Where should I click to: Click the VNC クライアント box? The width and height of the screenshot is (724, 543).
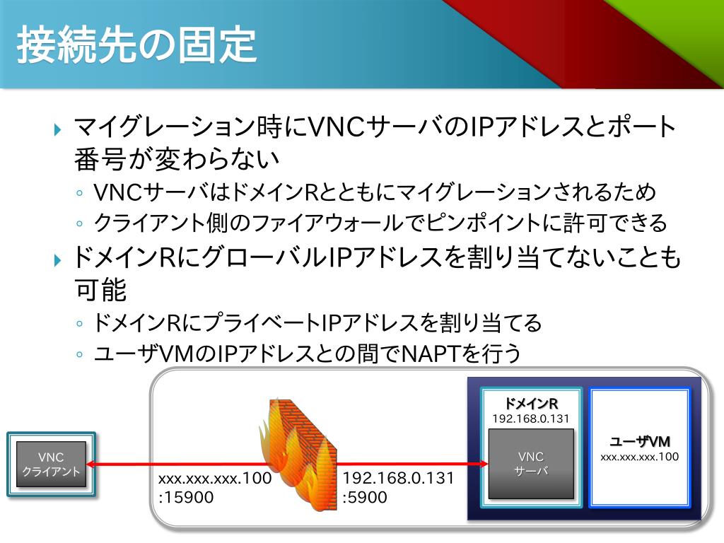coord(51,464)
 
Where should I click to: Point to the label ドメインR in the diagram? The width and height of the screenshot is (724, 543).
coord(530,404)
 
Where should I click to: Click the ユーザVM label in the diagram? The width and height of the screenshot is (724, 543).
coord(639,442)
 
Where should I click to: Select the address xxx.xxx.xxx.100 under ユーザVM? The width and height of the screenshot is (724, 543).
coord(639,457)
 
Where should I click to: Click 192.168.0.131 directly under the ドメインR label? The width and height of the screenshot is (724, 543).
coord(530,419)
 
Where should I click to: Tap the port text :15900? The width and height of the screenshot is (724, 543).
coord(186,497)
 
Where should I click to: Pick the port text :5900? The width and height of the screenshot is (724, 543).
coord(365,497)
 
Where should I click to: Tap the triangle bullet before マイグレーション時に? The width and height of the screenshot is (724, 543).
coord(59,129)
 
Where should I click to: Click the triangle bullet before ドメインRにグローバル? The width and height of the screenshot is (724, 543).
coord(59,259)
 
